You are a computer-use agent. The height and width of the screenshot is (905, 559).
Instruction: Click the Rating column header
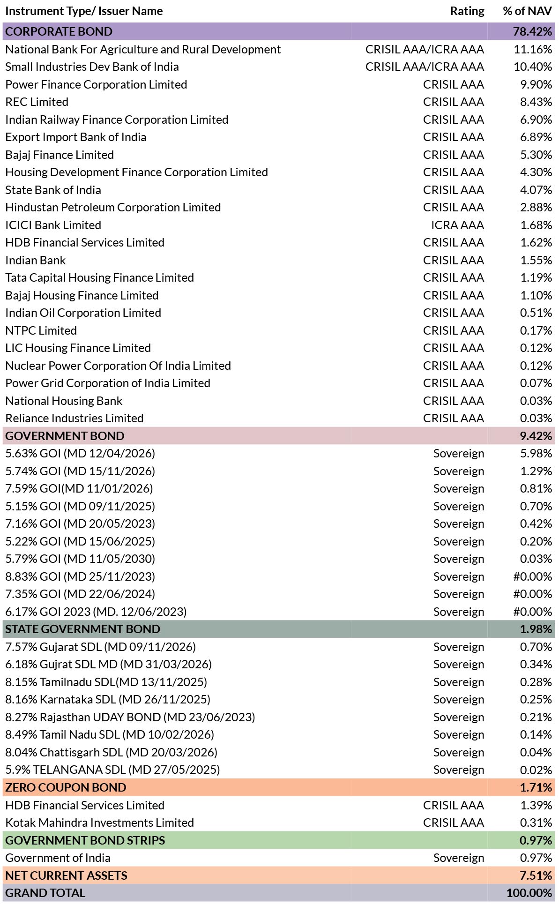467,11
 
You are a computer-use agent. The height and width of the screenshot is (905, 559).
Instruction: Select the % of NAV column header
527,11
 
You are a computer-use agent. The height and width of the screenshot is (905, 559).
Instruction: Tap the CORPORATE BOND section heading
59,31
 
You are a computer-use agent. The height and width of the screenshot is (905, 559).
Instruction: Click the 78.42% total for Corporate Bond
533,31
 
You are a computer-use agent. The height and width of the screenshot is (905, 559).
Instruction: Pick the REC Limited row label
37,102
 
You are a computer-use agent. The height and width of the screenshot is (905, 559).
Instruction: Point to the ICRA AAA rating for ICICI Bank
457,225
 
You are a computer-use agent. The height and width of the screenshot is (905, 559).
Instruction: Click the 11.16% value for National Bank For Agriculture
533,49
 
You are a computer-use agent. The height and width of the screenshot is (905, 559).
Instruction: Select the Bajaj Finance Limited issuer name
60,155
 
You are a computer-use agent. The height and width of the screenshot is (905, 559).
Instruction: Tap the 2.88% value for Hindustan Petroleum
536,207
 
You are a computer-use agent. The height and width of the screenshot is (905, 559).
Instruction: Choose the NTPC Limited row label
41,330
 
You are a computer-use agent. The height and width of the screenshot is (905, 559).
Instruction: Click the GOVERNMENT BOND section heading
65,436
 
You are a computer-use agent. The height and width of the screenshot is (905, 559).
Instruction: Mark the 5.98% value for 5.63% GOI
536,453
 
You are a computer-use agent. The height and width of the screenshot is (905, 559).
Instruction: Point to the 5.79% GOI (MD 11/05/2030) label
80,559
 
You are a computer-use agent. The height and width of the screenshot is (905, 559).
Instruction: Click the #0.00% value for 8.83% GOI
533,576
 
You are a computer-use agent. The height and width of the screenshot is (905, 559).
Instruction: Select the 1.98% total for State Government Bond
536,629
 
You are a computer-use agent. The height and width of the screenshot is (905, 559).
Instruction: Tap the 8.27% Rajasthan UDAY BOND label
130,717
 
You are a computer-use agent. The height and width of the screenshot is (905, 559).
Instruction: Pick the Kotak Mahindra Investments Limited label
100,823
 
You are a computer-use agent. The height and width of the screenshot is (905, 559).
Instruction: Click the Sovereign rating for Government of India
459,858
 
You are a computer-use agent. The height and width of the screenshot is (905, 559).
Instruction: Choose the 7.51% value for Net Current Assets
536,875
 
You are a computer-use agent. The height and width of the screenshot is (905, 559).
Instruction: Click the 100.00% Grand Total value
529,893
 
